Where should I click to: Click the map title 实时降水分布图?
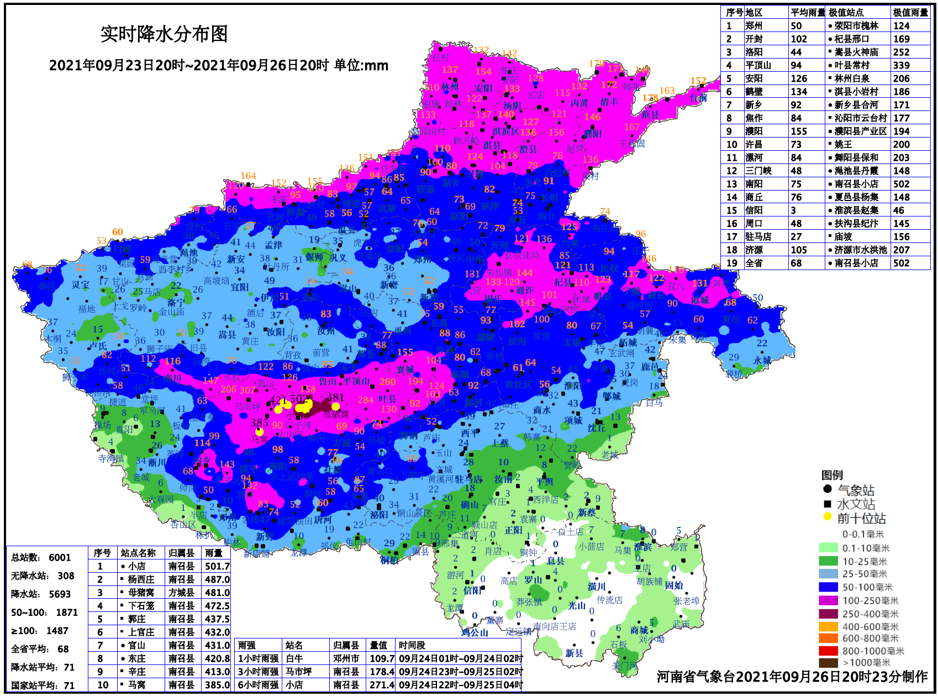click(x=164, y=34)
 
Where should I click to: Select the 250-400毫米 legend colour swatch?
click(x=828, y=614)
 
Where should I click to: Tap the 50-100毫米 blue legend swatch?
click(x=828, y=587)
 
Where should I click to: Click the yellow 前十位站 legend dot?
click(x=827, y=517)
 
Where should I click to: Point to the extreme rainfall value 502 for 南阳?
click(x=901, y=184)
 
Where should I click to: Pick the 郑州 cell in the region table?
click(x=753, y=26)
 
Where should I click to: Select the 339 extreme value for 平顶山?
click(x=901, y=65)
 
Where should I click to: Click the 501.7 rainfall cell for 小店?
click(x=217, y=566)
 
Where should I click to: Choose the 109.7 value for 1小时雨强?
click(x=382, y=658)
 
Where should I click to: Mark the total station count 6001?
click(x=60, y=557)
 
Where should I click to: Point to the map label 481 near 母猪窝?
click(x=336, y=397)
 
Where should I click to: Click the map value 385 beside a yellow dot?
click(x=260, y=423)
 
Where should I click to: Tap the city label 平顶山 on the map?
click(x=356, y=381)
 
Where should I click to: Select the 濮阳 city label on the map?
click(x=592, y=134)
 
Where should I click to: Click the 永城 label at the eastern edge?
click(x=762, y=360)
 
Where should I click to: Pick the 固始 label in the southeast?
click(x=674, y=585)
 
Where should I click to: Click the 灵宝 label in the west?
click(x=80, y=285)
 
